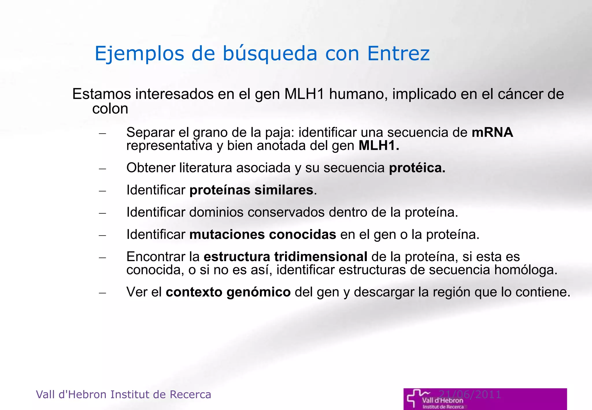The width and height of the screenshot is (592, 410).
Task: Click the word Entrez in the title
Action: [x=398, y=53]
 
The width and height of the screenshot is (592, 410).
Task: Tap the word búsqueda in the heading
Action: [x=270, y=54]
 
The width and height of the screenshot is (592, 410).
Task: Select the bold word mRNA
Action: [x=492, y=132]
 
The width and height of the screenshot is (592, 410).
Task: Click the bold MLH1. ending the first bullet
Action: [x=379, y=145]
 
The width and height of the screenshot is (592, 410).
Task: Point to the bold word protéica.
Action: [x=417, y=168]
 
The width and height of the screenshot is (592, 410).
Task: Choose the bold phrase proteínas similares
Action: [x=251, y=190]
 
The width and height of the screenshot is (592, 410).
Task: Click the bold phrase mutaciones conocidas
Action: [x=262, y=234]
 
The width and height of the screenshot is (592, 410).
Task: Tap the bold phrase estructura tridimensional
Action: [x=285, y=257]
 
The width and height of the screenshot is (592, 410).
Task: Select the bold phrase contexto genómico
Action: [x=228, y=292]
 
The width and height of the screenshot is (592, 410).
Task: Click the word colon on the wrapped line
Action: [x=110, y=109]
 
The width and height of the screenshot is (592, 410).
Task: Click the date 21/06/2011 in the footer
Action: [x=470, y=394]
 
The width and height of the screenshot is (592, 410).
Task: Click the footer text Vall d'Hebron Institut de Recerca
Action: [x=123, y=395]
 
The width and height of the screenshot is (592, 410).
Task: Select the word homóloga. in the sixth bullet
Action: [x=526, y=270]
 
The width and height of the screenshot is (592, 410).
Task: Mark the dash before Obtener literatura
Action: [x=102, y=169]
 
